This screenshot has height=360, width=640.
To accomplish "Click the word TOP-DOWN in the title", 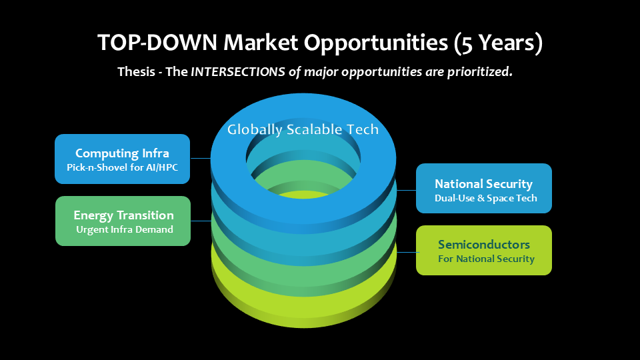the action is coord(157,43).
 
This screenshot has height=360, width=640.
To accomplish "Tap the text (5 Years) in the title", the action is coord(498,43).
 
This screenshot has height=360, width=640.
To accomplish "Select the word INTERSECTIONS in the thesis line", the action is coord(237,72).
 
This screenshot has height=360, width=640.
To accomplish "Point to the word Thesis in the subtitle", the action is coord(136,72).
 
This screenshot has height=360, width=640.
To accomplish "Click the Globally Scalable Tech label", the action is coord(303,129).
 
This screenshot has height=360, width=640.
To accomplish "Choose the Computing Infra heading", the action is coord(122,153).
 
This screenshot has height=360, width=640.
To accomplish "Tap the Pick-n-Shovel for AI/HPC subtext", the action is coord(123,167).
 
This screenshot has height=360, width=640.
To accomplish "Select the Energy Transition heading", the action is coord(123,215).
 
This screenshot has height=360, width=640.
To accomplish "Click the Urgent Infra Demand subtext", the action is coord(125,229).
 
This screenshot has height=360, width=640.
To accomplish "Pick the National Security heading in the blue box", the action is coord(484,184).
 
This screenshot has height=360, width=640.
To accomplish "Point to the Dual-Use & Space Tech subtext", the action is coord(486,199).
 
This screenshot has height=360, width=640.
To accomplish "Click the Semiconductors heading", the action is coord(484,245).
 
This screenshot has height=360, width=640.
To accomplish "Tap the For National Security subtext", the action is coord(486,259).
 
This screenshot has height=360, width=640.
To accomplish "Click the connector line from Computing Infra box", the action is coord(201,158).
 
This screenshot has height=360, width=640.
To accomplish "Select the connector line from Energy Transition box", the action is coord(201,221).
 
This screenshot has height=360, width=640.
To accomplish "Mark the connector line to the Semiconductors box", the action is coord(407,252).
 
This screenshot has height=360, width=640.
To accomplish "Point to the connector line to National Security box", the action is coord(407,190).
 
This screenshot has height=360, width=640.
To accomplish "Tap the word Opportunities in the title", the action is coord(375,43).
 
